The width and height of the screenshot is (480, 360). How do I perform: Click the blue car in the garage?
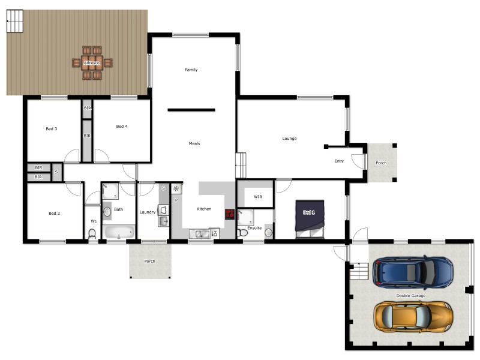[x=413, y=271]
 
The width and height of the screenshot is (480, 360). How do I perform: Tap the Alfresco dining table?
[x=92, y=62]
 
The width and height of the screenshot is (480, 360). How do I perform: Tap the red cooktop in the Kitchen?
[x=230, y=214]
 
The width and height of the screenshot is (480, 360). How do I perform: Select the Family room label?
[x=191, y=70]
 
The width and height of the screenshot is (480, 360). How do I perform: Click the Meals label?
[x=194, y=143]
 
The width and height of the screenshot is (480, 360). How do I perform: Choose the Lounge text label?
[x=290, y=139]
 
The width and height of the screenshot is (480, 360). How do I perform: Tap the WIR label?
[x=258, y=196]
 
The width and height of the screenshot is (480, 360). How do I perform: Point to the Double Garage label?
[x=410, y=296]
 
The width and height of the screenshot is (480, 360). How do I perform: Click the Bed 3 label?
[x=52, y=129]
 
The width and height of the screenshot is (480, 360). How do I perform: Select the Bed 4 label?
[x=122, y=126]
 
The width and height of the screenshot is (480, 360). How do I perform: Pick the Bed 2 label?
[x=54, y=213]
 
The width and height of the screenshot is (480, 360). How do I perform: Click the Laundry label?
[x=148, y=212]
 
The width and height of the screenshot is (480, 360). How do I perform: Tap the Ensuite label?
[x=254, y=228]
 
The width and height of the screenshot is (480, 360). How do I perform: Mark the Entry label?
[x=339, y=161]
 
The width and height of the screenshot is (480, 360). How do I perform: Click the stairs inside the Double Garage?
[x=358, y=271]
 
